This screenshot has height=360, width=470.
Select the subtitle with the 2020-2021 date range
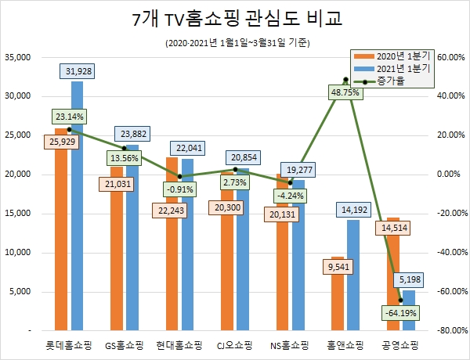pos(235,43)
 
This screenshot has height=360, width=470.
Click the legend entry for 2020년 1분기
pos(396,56)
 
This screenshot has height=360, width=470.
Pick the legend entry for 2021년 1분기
pos(396,68)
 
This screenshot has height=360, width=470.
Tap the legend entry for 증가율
pos(390,80)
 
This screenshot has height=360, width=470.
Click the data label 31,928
pos(79,72)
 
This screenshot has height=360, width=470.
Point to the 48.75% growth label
pos(345,92)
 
